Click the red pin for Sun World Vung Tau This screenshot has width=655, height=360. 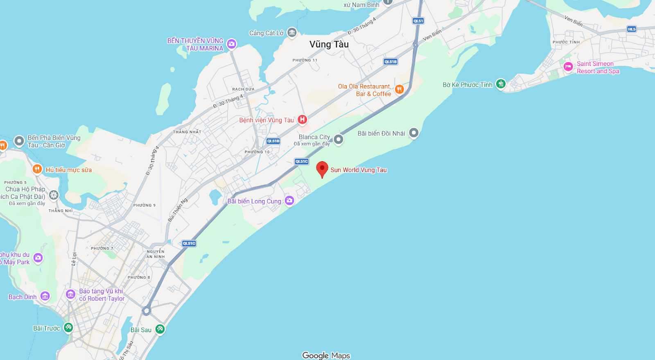point(322,169)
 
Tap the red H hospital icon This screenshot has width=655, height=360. point(302,119)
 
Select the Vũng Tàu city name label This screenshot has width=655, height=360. point(329,44)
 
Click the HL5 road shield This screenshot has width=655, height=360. point(632,29)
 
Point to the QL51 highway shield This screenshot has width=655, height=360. point(418,21)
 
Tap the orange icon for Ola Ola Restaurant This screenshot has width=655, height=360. point(400,89)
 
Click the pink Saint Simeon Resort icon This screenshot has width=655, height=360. point(568,67)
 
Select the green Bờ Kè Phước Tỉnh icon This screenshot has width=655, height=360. point(501,84)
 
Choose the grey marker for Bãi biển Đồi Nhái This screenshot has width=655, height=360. point(414,133)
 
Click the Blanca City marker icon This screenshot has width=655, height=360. point(338,139)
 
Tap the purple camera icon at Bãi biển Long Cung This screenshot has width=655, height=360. point(289,200)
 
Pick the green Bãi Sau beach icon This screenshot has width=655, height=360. point(160,328)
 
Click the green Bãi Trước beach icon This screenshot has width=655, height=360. point(68,327)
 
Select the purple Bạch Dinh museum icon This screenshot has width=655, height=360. point(45,296)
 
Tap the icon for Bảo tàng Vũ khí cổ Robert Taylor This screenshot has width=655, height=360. point(70,294)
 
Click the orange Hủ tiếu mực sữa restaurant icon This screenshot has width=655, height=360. point(37,169)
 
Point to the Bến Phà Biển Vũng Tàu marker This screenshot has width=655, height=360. point(19,141)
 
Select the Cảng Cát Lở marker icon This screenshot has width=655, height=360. point(292,32)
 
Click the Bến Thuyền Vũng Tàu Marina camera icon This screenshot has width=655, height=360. point(232,44)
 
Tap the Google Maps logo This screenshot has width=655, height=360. point(326,355)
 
